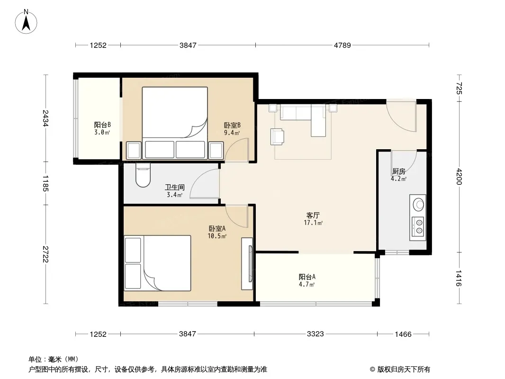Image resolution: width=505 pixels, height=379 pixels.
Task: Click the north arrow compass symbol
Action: pos(26,22)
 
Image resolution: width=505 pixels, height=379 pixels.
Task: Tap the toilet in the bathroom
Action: pos(143,175)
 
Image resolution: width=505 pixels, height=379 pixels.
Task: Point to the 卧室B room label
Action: pos(232,125)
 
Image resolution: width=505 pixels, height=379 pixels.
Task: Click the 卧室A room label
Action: pos(217,228)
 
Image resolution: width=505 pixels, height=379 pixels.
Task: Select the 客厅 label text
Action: pos(313,215)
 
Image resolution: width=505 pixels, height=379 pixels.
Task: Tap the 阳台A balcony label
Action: pos(307,277)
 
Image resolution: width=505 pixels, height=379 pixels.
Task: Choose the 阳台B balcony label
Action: pos(102,125)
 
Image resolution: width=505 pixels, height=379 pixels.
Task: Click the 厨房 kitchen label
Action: pos(399,171)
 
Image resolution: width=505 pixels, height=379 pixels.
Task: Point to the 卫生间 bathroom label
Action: pos(175,187)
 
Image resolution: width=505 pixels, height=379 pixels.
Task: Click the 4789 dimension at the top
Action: pos(342,45)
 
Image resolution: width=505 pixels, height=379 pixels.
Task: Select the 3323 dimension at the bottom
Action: pos(315,334)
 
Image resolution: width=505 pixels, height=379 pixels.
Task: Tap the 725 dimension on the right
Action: pos(459,88)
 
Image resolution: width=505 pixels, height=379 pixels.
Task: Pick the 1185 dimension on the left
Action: pos(45,183)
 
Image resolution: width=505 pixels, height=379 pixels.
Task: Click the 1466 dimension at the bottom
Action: pos(403,334)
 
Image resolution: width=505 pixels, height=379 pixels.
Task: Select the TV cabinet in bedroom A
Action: pos(247,264)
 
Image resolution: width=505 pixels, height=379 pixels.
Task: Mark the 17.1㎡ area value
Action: pos(313,223)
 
